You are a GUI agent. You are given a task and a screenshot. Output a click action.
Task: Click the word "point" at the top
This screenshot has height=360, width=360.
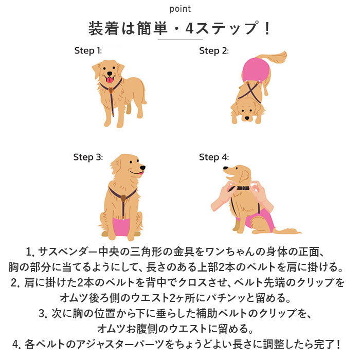[180, 9]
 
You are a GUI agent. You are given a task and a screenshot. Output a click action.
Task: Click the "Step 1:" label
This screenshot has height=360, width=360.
[88, 50]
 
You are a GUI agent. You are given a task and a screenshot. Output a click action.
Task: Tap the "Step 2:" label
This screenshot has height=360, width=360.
[213, 50]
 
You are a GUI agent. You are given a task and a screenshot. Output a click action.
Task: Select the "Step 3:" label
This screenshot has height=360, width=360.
[88, 157]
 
